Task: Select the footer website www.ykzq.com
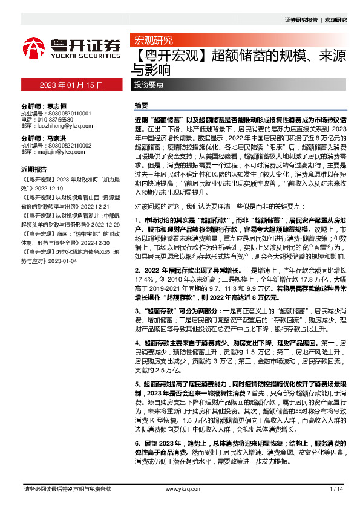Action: (179, 488)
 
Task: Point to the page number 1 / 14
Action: (337, 488)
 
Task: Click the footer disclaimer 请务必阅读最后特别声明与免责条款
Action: (67, 488)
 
